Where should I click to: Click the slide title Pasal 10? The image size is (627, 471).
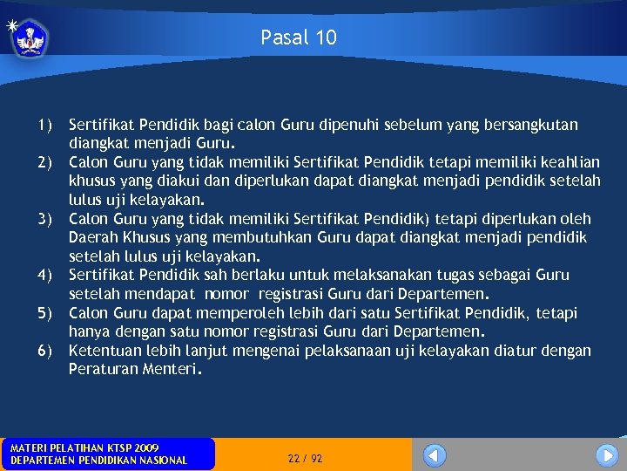[x=298, y=38]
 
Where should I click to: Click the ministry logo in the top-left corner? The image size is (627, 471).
[x=30, y=38]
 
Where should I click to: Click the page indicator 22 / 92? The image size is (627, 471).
[x=305, y=458]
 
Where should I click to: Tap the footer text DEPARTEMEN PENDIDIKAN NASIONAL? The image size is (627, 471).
[x=98, y=461]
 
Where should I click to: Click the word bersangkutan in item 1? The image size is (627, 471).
[x=535, y=125]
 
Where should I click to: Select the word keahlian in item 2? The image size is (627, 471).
[x=568, y=162]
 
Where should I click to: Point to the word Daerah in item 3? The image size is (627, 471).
[x=93, y=237]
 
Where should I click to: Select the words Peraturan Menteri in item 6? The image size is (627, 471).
[x=134, y=369]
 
